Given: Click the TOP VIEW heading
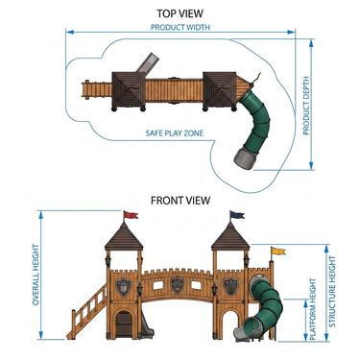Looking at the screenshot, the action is [180, 13].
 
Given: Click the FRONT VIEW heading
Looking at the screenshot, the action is [180, 201].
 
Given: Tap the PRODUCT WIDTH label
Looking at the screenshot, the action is [180, 27].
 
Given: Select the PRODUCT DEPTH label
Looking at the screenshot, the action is [306, 106].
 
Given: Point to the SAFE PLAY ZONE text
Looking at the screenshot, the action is [175, 132].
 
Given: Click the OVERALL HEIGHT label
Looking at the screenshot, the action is [36, 275].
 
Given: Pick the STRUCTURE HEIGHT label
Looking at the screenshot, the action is [332, 291].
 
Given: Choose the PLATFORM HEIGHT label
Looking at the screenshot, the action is [313, 309].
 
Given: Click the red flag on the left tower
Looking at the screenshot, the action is [131, 215].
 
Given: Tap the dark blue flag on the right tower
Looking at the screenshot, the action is [237, 215].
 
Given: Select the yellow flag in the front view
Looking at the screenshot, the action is [277, 252].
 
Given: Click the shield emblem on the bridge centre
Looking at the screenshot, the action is [177, 285].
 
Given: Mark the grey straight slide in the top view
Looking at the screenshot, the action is [147, 63].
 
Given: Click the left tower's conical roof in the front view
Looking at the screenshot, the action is [124, 236].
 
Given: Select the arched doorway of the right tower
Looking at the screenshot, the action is [230, 323].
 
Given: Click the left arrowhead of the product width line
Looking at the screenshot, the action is [70, 32].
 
